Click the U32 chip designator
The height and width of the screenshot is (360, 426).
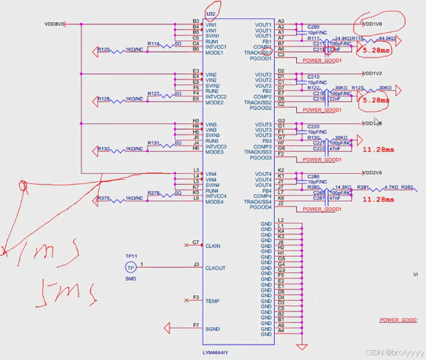[x=210, y=13]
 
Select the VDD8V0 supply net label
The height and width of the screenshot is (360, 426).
[x=54, y=24]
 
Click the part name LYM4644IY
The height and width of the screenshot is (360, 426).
[x=220, y=352]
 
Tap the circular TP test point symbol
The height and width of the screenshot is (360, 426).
[x=130, y=268]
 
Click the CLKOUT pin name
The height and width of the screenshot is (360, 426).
[x=215, y=268]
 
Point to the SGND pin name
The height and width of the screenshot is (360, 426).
[x=212, y=329]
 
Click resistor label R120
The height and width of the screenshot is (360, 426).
[x=104, y=49]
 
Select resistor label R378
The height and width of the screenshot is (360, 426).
[x=154, y=193]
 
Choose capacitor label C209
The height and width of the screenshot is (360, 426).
[x=313, y=27]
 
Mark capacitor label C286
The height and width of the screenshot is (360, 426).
[x=313, y=177]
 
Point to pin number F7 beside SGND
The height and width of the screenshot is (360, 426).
[x=196, y=325]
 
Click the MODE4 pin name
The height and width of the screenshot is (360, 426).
[x=214, y=202]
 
